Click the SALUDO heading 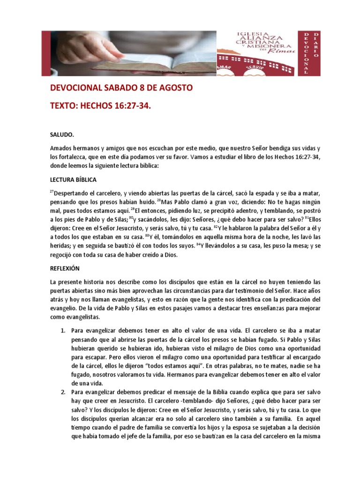click(61, 135)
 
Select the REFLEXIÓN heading click(65, 269)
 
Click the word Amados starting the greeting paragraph click(61, 148)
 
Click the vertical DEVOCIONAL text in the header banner click(306, 53)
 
